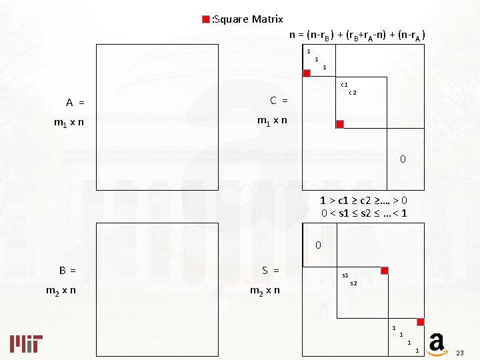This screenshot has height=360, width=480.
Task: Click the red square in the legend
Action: (x=206, y=19)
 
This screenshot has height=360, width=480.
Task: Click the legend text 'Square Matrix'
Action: (x=248, y=19)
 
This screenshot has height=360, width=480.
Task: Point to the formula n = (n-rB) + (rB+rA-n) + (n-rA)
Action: (x=357, y=35)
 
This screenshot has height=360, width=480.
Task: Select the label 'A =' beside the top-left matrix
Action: (x=75, y=103)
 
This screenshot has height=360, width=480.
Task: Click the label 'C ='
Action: (x=279, y=101)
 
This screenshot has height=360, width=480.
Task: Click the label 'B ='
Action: (x=67, y=270)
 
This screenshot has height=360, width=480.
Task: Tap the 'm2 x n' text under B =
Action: (x=60, y=290)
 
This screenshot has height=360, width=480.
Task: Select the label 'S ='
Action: (x=270, y=270)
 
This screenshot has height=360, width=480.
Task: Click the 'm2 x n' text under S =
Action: (x=265, y=290)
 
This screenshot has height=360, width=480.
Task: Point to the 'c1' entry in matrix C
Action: (x=345, y=85)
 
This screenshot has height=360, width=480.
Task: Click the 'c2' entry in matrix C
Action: (x=353, y=93)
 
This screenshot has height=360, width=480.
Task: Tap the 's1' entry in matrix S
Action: (x=345, y=275)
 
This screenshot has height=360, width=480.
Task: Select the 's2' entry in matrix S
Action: (x=353, y=283)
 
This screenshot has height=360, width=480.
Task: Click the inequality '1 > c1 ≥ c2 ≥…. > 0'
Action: (x=363, y=200)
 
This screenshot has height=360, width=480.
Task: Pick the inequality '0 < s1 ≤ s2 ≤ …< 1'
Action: (x=364, y=213)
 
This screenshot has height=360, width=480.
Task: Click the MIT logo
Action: (x=27, y=343)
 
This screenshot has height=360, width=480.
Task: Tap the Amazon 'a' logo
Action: (x=437, y=343)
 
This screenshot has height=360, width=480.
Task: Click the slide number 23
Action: (x=459, y=352)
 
